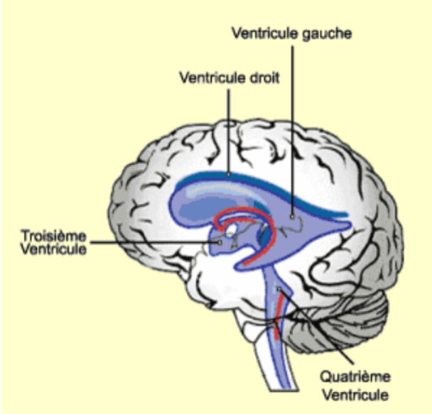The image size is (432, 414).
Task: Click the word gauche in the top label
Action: [328, 33]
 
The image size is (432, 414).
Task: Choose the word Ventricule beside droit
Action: [209, 78]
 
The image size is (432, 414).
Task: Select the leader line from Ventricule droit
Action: [229, 128]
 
